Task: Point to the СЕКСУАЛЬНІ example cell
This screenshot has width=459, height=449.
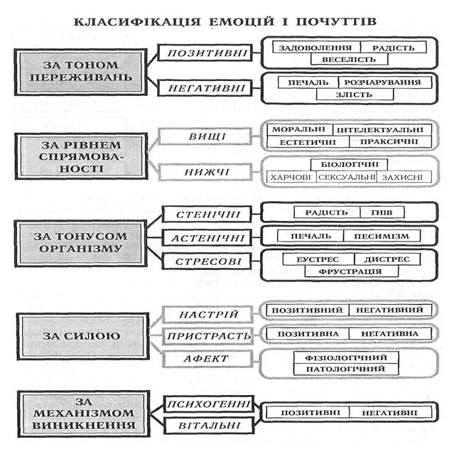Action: click(x=344, y=177)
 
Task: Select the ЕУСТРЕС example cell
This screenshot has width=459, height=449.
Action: click(x=313, y=259)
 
